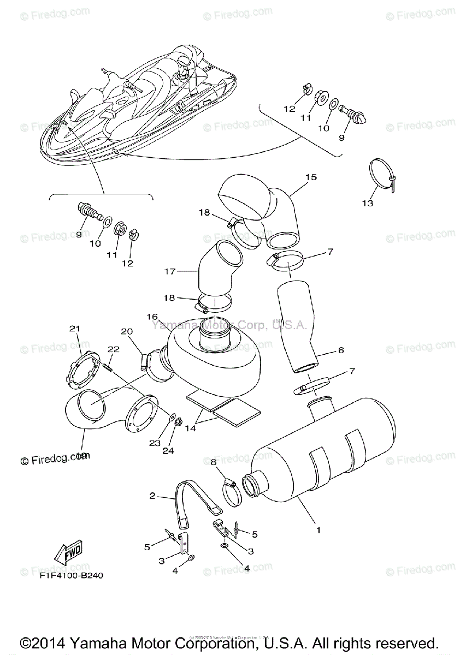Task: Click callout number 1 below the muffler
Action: [319, 529]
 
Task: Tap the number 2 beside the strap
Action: [153, 496]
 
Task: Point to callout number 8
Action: [214, 462]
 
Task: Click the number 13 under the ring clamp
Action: [367, 203]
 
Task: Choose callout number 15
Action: [311, 177]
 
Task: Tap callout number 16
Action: [152, 317]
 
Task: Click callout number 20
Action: [127, 331]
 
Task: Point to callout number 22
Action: [113, 349]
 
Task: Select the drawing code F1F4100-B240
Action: [71, 575]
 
